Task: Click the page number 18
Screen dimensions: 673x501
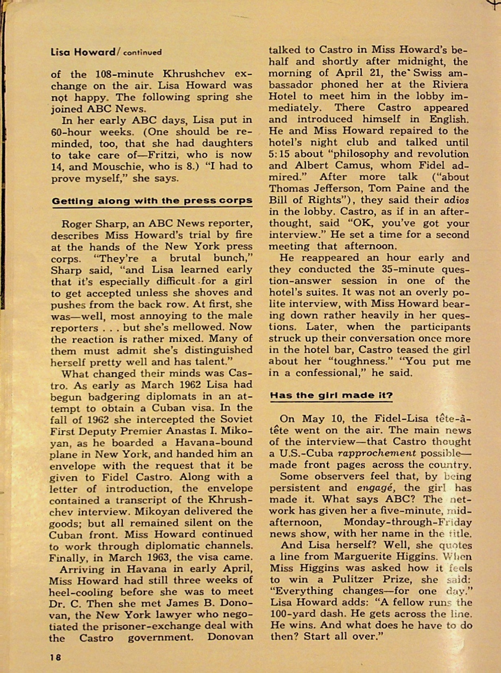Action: pos(55,656)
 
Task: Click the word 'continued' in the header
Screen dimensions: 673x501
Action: pos(142,52)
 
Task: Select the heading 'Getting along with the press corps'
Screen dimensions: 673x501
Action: pos(152,201)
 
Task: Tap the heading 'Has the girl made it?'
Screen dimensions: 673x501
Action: pos(331,395)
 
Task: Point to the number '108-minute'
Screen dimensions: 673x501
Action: pos(124,74)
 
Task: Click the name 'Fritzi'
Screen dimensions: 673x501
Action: pos(175,155)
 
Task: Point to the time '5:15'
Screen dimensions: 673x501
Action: pos(279,154)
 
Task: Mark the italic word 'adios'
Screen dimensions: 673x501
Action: pos(456,200)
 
